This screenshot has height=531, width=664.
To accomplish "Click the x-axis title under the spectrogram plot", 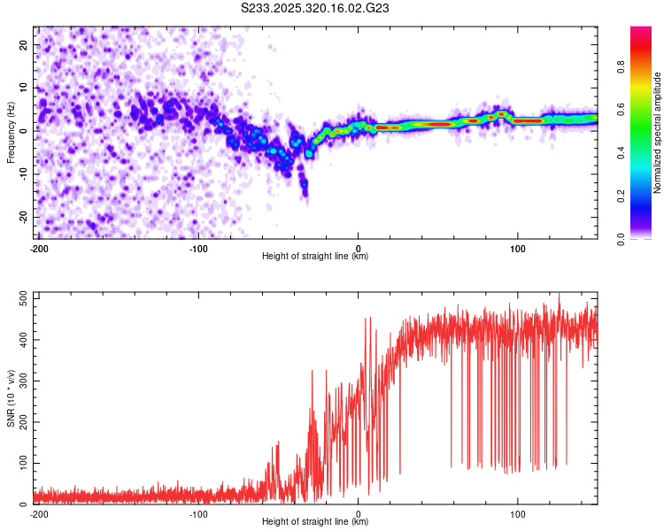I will pyautogui.click(x=315, y=256).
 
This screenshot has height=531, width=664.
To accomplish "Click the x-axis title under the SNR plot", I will pyautogui.click(x=315, y=521).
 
